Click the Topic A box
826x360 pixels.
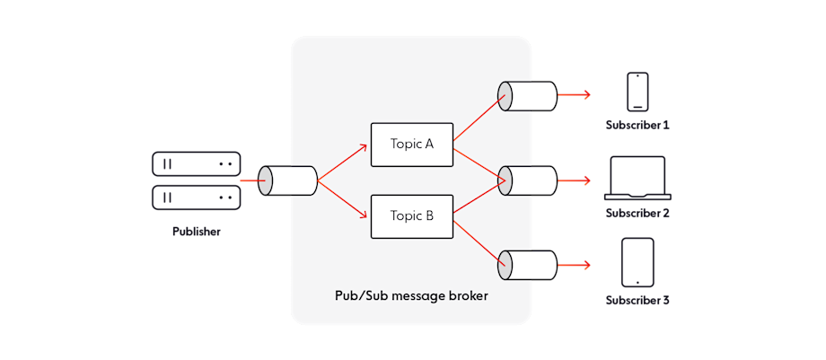coord(412,145)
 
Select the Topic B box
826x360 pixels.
coord(412,216)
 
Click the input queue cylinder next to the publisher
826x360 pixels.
coord(288,180)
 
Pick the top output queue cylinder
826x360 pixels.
coord(528,95)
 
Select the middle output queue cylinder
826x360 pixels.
coord(528,180)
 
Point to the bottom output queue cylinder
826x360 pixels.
coord(528,265)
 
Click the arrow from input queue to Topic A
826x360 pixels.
coord(343,162)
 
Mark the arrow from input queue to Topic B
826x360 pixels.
coord(343,199)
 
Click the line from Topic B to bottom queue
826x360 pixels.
coord(479,239)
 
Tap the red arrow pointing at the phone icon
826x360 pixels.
coord(575,95)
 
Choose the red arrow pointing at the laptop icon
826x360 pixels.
coord(575,180)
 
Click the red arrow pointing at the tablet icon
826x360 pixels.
coord(575,265)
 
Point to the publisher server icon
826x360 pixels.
coord(197,180)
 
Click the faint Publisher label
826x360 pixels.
coord(197,233)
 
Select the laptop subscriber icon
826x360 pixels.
coord(637,178)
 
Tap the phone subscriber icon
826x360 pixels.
coord(637,92)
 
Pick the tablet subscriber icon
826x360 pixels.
coord(637,262)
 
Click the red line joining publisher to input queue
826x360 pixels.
coord(250,180)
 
